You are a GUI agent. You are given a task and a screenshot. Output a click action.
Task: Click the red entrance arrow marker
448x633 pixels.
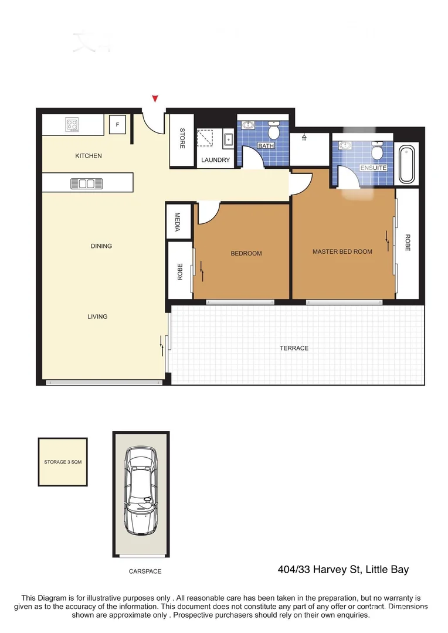coord(155,98)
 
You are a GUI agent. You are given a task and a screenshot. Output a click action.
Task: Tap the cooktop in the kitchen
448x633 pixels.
coord(73,124)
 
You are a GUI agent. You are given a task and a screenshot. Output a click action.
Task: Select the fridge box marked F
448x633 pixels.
coord(117,124)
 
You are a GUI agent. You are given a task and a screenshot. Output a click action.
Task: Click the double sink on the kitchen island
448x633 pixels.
coord(86,183)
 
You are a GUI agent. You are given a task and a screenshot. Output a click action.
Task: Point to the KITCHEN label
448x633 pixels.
coord(89,156)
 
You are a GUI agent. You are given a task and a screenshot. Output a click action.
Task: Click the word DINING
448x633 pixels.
coord(101,246)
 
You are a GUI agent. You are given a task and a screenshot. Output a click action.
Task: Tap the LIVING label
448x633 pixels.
coord(97,316)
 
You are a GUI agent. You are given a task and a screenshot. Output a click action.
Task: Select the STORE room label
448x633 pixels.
coord(182,138)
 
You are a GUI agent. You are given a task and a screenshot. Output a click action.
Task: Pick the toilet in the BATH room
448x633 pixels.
coord(274,131)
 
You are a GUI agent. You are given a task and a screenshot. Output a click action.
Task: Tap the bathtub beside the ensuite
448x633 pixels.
coord(406,165)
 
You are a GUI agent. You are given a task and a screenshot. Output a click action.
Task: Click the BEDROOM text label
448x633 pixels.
coord(246,253)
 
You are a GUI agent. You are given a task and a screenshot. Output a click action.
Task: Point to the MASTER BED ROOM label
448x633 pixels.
coord(342,251)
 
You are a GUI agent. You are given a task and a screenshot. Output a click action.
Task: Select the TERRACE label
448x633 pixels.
coord(294,348)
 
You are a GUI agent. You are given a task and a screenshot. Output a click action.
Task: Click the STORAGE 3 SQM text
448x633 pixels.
coord(63,462)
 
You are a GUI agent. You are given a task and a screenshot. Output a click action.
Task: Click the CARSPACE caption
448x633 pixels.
coord(145,571)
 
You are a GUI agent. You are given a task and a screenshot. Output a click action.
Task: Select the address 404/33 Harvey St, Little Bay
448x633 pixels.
coord(342,569)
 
